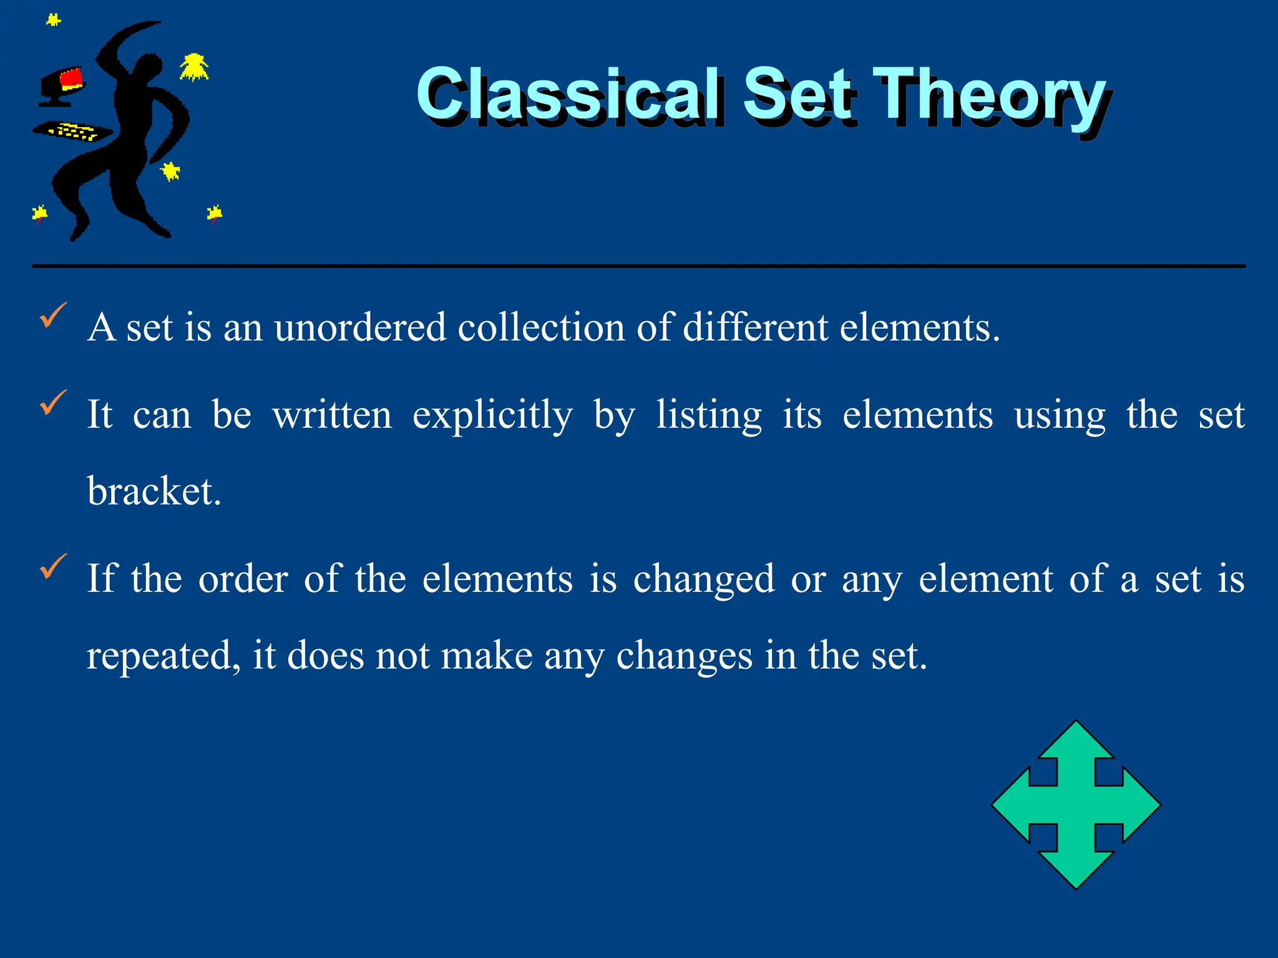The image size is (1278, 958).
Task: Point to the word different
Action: point(755,327)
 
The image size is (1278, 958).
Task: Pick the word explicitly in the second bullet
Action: point(492,415)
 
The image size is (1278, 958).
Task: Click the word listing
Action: point(709,415)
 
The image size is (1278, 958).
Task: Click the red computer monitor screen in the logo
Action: point(71,79)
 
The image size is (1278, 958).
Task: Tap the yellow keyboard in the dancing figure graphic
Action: point(74,132)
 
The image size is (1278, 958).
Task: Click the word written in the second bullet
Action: point(332,415)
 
